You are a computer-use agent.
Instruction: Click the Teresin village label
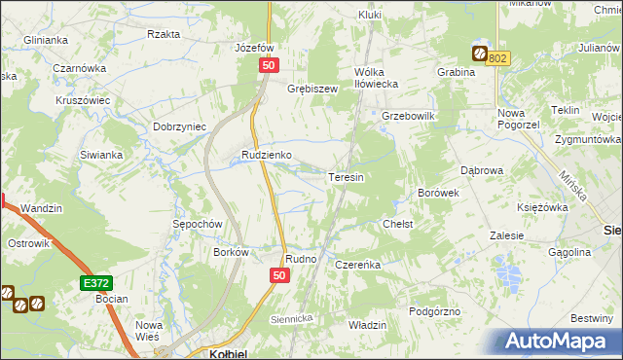(347, 178)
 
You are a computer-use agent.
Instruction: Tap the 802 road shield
(498, 58)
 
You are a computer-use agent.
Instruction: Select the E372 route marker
(94, 282)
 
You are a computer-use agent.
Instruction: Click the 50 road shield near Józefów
(270, 64)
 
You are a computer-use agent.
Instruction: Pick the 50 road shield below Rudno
(278, 276)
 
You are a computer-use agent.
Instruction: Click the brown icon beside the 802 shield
(480, 54)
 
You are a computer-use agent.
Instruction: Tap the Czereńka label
(356, 265)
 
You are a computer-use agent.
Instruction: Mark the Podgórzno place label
(434, 310)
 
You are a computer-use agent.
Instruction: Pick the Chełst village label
(398, 224)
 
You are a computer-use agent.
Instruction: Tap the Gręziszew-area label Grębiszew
(311, 89)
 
